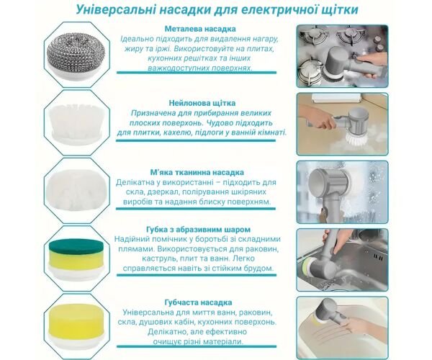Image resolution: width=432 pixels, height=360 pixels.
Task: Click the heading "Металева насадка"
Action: pos(200,29)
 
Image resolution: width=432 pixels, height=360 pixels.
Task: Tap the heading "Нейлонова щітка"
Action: pos(202,103)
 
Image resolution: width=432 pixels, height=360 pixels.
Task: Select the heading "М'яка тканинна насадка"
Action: pos(197,172)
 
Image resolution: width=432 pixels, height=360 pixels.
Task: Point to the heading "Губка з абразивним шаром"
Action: pos(199,230)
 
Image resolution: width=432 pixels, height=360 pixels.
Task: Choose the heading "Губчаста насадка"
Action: pos(198,302)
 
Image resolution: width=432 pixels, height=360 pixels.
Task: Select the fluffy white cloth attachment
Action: pos(77,191)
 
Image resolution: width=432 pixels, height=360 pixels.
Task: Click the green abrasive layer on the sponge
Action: pos(76,246)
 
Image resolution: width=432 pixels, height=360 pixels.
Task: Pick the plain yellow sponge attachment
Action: pos(76,318)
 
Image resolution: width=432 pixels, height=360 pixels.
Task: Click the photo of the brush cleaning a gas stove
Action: pos(343,56)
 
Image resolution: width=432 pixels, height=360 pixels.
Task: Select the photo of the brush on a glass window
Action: pos(343,192)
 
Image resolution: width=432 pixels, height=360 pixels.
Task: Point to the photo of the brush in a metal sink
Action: pos(343,260)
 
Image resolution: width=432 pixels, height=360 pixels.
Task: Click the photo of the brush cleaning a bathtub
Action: pos(343,328)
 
